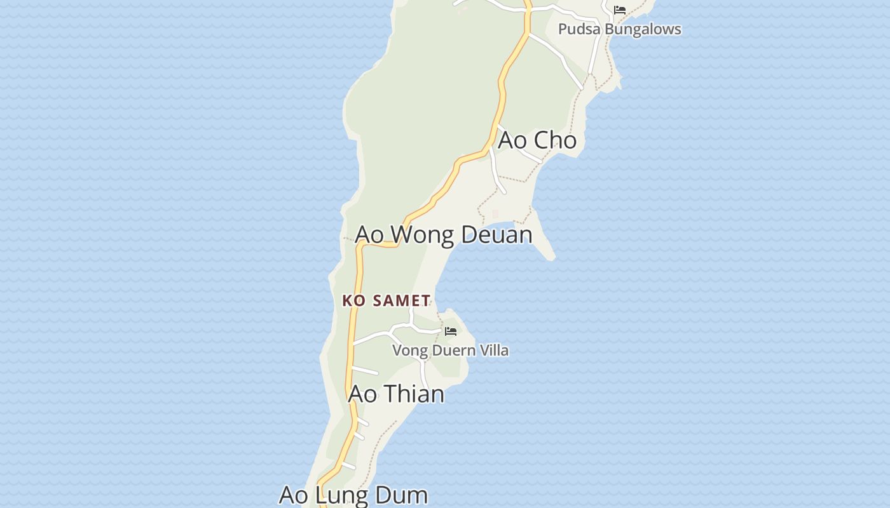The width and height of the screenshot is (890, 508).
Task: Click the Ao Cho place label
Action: [537, 140]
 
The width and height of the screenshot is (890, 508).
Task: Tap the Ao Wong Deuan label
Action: [443, 235]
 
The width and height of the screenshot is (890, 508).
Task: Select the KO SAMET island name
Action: [387, 300]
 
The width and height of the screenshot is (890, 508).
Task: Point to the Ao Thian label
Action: [396, 394]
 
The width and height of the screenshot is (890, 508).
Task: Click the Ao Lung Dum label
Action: [353, 495]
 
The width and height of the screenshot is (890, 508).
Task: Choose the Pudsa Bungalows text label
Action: [619, 29]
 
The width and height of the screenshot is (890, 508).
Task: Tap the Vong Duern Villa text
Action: [450, 351]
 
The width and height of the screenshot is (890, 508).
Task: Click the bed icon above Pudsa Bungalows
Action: [620, 10]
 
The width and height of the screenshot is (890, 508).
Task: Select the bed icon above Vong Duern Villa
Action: [451, 331]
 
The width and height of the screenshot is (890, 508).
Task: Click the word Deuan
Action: [496, 235]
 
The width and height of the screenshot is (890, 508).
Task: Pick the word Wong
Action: [422, 235]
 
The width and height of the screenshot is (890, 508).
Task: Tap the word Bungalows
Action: [642, 29]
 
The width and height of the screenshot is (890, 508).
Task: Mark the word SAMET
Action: [402, 300]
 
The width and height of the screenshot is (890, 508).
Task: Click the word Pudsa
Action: [578, 29]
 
